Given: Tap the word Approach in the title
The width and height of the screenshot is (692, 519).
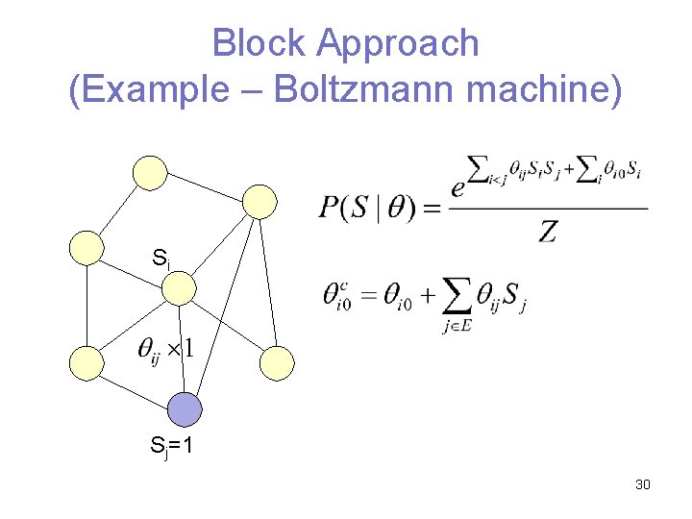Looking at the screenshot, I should point(397,43).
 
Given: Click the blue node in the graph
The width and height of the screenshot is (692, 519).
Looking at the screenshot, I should point(185,409).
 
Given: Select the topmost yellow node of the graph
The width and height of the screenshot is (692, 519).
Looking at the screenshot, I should point(149,172).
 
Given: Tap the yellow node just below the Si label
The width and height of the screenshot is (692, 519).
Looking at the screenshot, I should point(179,286).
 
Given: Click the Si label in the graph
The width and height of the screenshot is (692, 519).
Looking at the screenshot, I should point(161,258).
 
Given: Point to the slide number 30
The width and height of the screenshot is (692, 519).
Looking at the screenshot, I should point(643,483).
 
